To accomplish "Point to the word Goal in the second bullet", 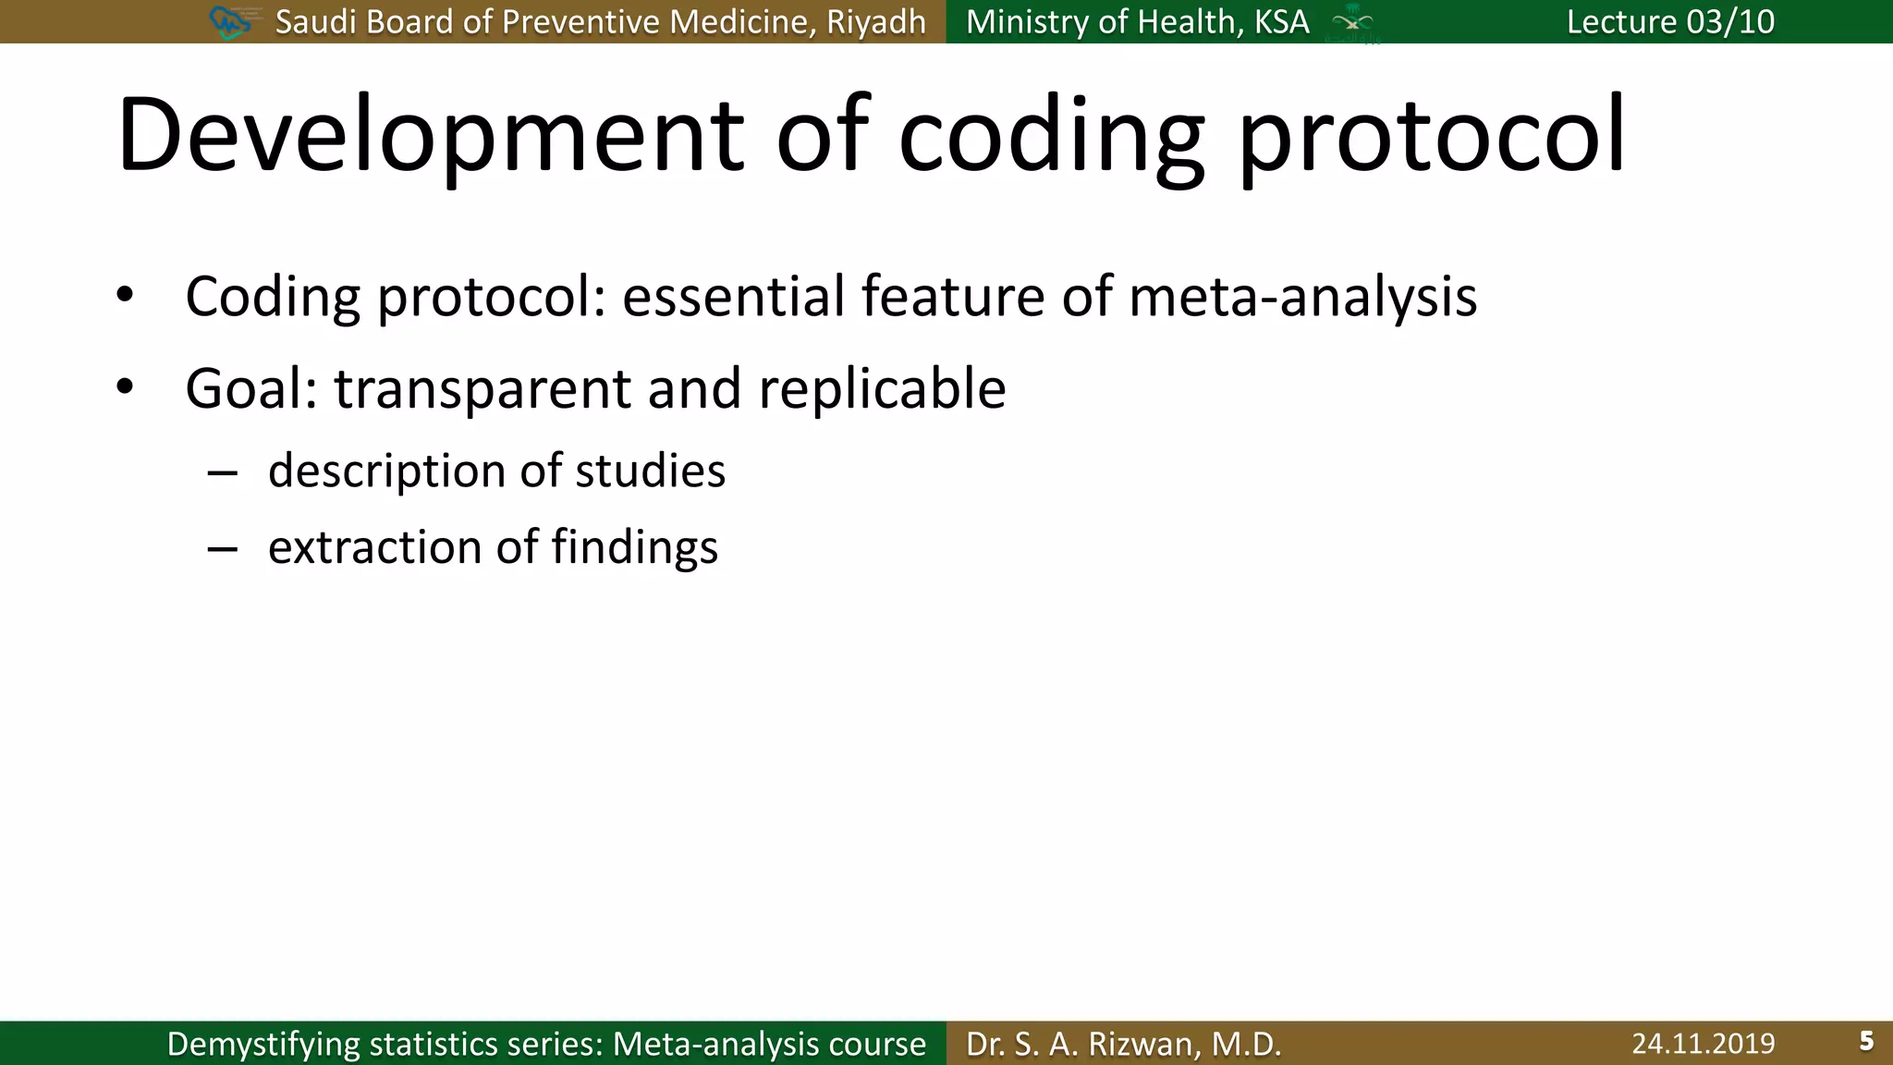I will [x=244, y=389].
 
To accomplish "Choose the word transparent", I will [x=482, y=389].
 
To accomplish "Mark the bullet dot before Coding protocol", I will [x=125, y=296].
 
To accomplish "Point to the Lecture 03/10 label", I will [x=1670, y=21].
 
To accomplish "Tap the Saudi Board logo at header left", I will [x=231, y=22].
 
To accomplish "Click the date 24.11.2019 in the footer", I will [x=1703, y=1044].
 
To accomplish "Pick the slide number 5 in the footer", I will [x=1866, y=1042].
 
